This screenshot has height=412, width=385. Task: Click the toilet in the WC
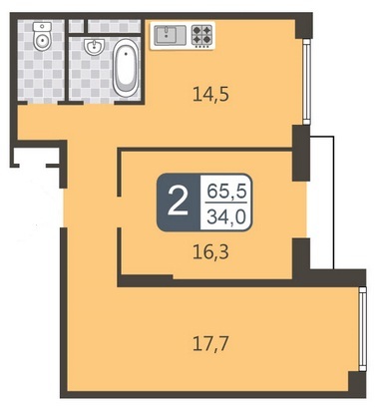(x=42, y=37)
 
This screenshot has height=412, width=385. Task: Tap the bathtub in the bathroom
(x=125, y=68)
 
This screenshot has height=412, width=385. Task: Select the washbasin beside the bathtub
(x=94, y=46)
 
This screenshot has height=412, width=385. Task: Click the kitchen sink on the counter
(x=171, y=34)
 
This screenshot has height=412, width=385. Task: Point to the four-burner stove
(x=201, y=35)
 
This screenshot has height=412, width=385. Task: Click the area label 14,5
(x=210, y=95)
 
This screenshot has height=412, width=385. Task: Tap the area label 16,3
(x=210, y=252)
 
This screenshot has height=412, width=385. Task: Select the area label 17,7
(x=210, y=344)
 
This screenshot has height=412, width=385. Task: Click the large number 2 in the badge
(x=179, y=203)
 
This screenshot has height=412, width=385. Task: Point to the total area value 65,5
(x=226, y=192)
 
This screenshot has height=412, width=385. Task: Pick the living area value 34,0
(x=226, y=216)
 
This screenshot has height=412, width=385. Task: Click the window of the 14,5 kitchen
(x=307, y=82)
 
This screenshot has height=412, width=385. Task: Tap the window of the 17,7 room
(x=363, y=328)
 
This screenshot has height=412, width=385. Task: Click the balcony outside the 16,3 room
(x=322, y=203)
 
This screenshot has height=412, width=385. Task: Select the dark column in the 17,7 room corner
(x=357, y=382)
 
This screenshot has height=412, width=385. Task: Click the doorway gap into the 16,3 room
(x=120, y=212)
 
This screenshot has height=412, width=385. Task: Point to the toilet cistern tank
(x=42, y=26)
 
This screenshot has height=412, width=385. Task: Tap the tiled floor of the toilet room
(x=41, y=67)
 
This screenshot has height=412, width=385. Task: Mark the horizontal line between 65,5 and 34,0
(x=226, y=202)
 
